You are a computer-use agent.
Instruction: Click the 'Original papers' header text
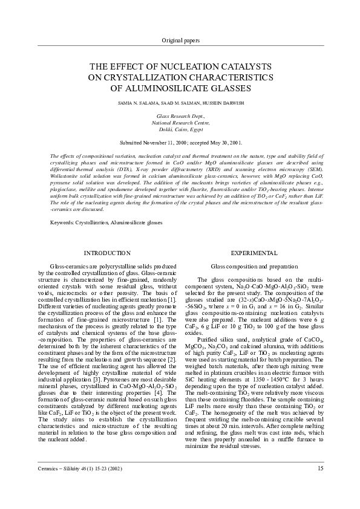[180, 40]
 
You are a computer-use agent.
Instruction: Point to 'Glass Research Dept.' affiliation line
[180, 115]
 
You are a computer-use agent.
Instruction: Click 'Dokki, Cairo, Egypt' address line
[180, 129]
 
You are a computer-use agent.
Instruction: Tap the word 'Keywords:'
[61, 222]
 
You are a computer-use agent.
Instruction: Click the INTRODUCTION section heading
[106, 253]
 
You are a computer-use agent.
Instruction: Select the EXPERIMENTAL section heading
[254, 253]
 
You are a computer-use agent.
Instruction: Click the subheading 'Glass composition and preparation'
[254, 266]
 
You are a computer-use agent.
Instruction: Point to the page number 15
[320, 485]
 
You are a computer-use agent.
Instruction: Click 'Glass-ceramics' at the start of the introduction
[68, 266]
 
